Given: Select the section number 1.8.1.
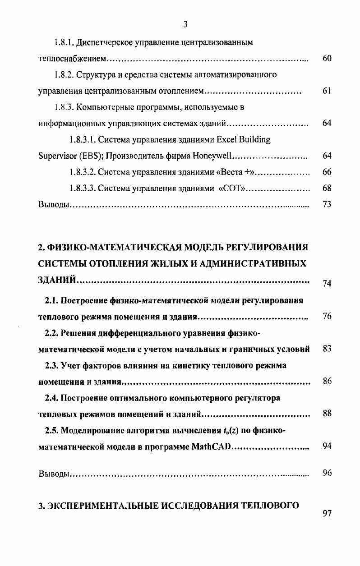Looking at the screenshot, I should point(64,43).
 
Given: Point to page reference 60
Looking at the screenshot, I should point(327,59).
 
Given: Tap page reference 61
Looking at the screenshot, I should point(327,91).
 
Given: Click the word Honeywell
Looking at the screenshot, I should point(212,156).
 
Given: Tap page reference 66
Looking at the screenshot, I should point(327,172).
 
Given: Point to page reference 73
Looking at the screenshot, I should point(327,205).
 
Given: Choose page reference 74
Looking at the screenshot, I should point(327,284).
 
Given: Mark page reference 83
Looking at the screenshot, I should point(327,349).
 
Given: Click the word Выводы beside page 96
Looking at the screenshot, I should point(53,474).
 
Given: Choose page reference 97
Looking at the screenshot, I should point(327,515).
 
